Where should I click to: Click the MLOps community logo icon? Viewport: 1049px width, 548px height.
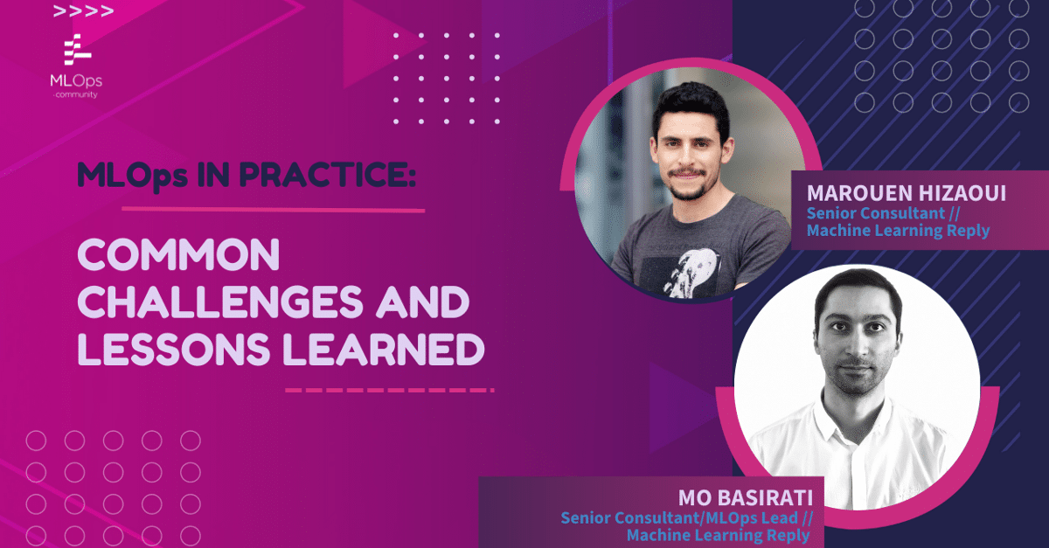[77, 50]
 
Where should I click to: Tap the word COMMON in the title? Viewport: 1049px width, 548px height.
[178, 255]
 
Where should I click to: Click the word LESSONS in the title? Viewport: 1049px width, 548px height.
[174, 349]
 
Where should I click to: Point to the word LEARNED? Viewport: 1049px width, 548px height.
[384, 349]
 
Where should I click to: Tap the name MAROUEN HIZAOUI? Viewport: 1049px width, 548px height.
[907, 193]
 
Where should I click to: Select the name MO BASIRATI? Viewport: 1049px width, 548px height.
[746, 498]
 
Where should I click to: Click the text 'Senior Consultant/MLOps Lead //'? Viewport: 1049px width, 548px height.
[687, 518]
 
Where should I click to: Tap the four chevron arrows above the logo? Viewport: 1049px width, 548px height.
[83, 10]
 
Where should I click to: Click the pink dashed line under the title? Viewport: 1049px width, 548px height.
[390, 390]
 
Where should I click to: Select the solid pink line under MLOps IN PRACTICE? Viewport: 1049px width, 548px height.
[274, 210]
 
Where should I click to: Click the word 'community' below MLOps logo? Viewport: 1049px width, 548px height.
[76, 94]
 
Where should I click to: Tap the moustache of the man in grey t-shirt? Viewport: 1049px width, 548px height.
[686, 172]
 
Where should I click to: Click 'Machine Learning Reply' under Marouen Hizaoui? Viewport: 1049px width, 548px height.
[898, 231]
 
